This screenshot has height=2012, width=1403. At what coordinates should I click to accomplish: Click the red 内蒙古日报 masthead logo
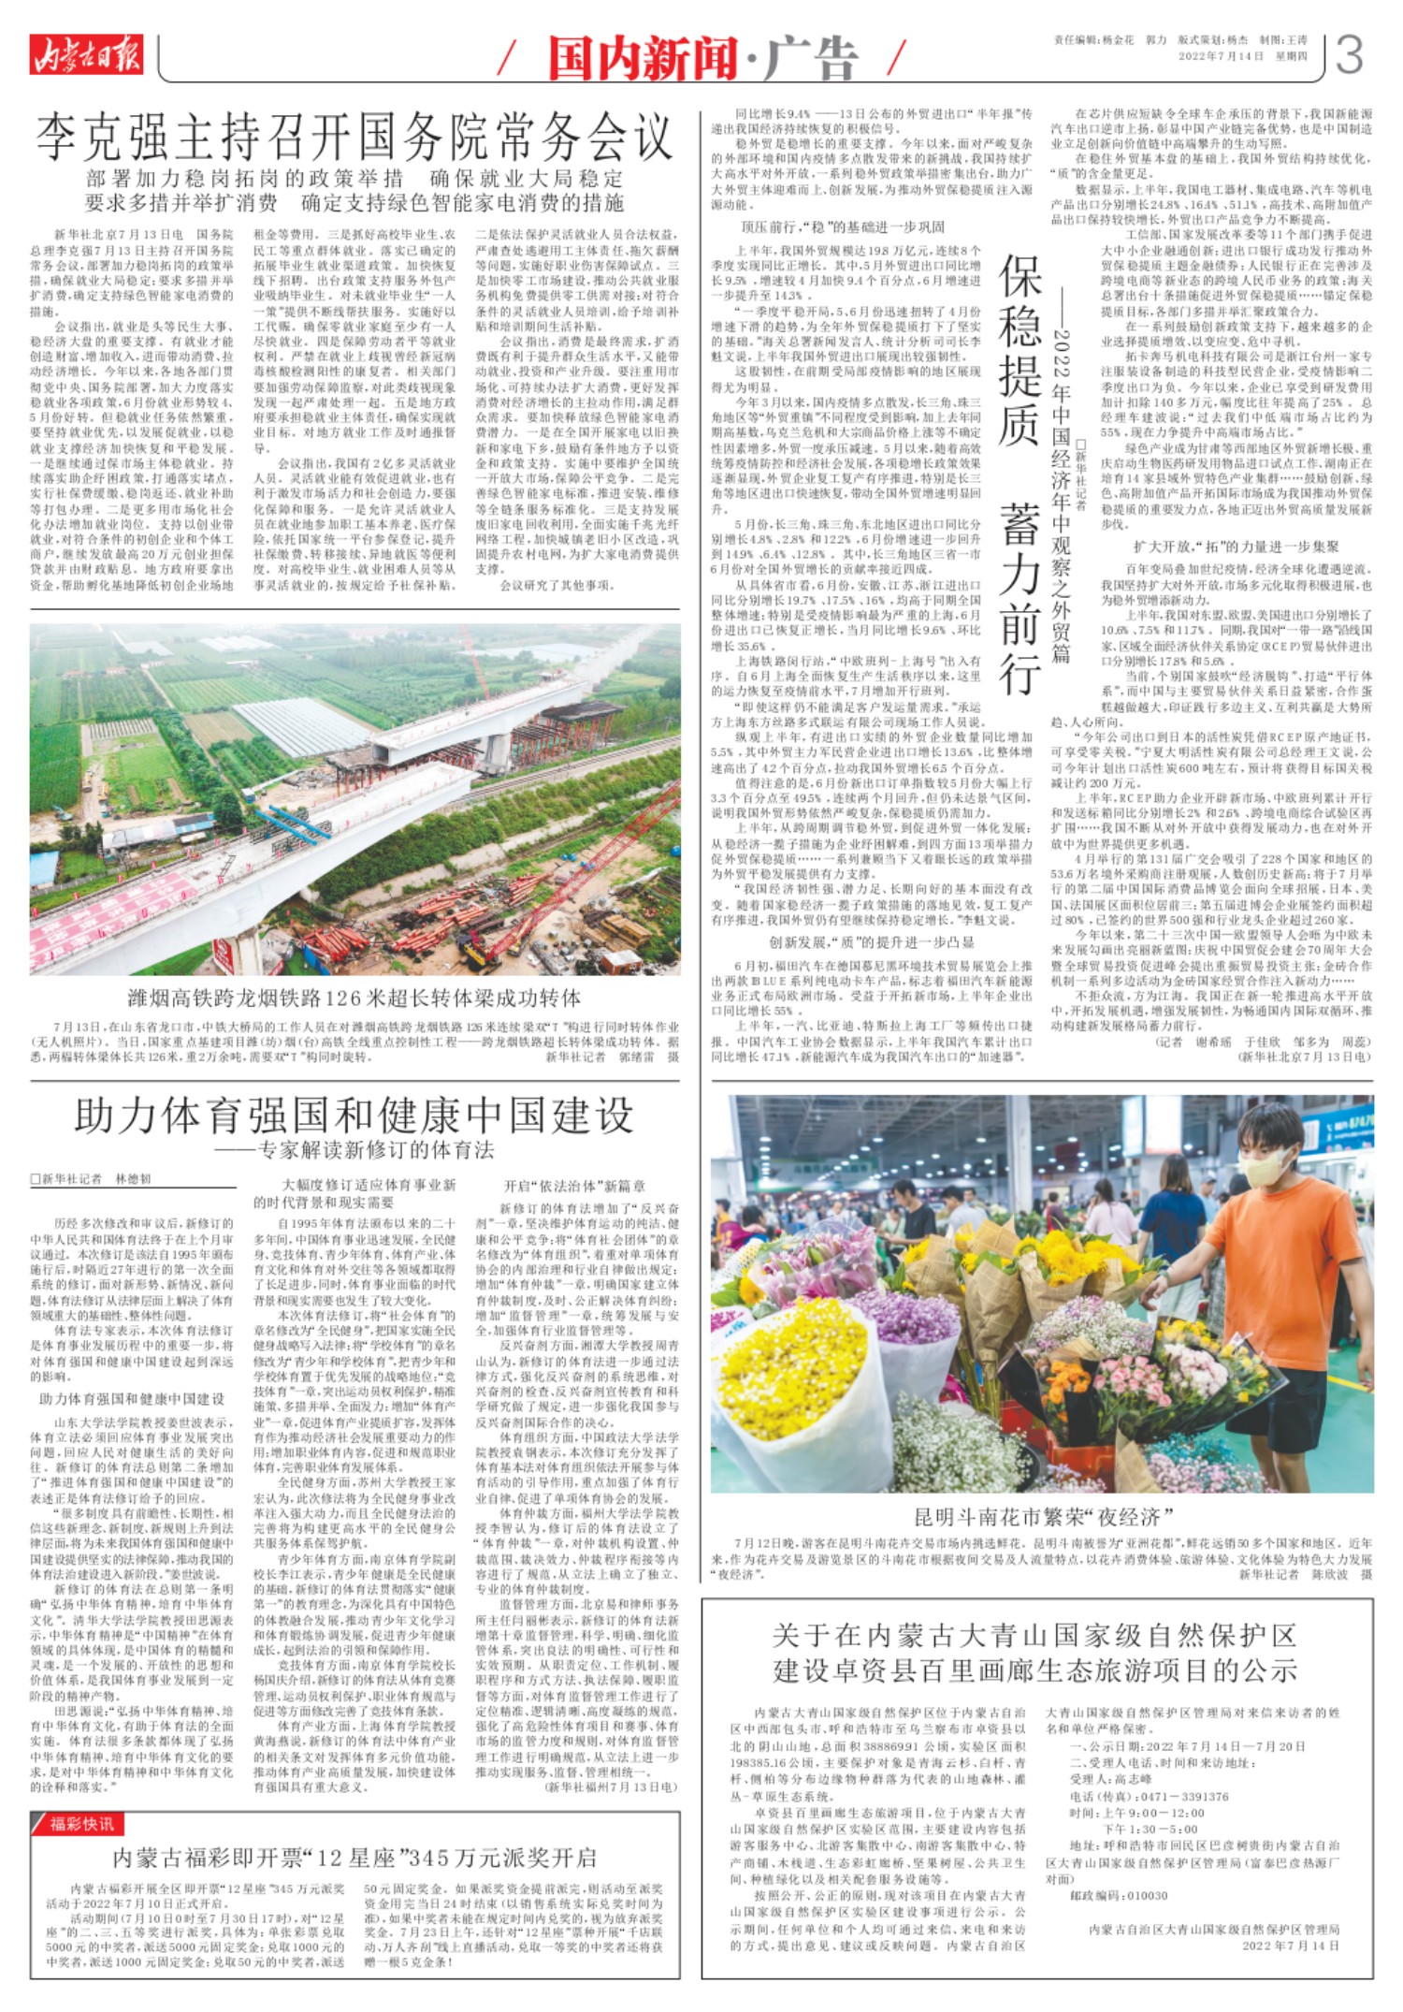pos(85,54)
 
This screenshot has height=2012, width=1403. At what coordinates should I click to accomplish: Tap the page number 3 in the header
pos(1350,56)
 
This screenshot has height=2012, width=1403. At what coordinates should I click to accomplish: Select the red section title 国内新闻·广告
pos(702,58)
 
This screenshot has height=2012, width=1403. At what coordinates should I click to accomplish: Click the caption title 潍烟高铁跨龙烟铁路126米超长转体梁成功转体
pos(354,997)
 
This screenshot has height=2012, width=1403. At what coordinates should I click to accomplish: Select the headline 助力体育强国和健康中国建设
pos(354,1115)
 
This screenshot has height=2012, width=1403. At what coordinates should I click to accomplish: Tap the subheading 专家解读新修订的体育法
pos(365,1150)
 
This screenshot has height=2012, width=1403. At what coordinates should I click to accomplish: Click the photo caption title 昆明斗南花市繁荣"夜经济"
pos(1043,1517)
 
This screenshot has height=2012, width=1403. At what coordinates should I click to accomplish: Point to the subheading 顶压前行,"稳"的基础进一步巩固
pos(843,227)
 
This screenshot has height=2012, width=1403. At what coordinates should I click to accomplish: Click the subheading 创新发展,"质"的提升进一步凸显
pos(872,941)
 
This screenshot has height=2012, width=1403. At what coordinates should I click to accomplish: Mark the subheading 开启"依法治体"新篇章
pos(574,1186)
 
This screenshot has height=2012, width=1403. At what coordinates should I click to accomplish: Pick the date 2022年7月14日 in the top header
pos(1220,56)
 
